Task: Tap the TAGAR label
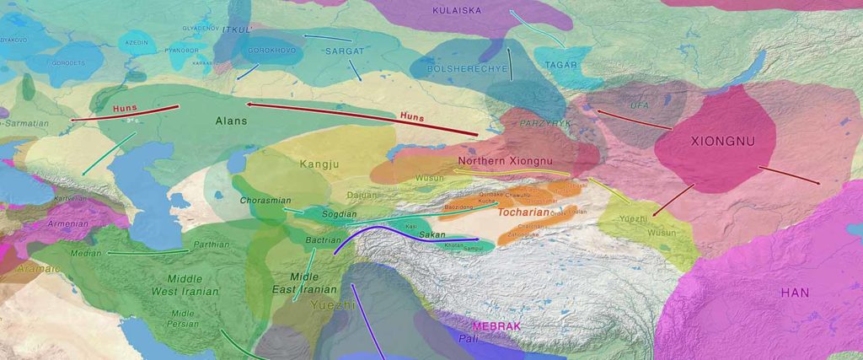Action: (x=560, y=65)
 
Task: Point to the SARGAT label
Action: (x=343, y=51)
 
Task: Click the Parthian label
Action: (x=211, y=245)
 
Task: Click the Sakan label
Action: (x=432, y=235)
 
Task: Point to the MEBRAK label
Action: (x=497, y=325)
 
